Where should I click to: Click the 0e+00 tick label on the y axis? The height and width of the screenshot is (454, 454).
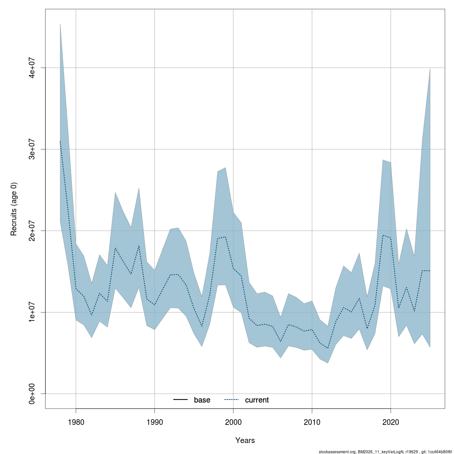(x=33, y=394)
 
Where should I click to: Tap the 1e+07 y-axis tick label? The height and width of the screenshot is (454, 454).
(x=33, y=312)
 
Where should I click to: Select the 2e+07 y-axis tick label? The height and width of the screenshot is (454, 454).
(x=33, y=231)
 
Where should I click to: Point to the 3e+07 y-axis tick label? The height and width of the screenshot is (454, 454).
(x=33, y=149)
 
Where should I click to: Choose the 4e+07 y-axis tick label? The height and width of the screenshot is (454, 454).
(x=33, y=68)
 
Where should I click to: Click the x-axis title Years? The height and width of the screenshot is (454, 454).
(x=245, y=440)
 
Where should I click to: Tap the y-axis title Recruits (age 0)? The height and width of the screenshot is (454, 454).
(x=14, y=209)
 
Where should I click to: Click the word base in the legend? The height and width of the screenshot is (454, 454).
(x=202, y=400)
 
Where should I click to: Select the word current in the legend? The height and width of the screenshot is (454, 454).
(x=257, y=400)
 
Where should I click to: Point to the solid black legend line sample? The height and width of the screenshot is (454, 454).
(x=180, y=400)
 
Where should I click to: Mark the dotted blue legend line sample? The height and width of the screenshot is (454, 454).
(x=232, y=400)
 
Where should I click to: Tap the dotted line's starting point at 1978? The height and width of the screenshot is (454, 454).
(x=60, y=141)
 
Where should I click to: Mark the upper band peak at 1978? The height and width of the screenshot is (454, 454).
(x=60, y=24)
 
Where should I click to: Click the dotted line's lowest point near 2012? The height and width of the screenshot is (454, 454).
(x=328, y=348)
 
